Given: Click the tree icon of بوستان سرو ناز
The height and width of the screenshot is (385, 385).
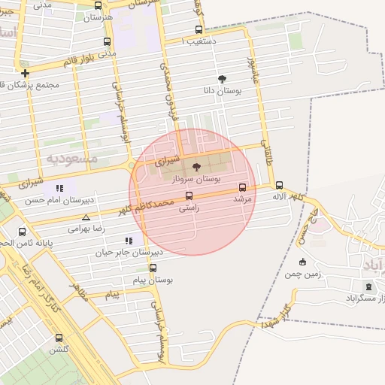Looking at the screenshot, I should [197, 167].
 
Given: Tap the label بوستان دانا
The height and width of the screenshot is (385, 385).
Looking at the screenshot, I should [220, 90].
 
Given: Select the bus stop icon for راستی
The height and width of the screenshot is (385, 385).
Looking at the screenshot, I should [188, 196].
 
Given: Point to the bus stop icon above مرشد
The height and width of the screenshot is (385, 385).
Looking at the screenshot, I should [242, 187].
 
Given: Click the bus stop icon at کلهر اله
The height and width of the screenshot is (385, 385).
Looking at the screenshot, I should [279, 185].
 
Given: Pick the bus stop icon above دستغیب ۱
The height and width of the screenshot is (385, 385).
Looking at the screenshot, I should [199, 30].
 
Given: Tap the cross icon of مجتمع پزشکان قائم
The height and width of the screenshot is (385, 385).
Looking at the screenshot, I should [26, 74].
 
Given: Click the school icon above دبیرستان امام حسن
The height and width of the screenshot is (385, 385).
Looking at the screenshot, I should [59, 188].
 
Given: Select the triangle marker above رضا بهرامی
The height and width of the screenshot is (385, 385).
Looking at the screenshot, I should [85, 217].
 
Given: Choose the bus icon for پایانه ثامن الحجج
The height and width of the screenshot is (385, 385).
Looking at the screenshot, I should [22, 232].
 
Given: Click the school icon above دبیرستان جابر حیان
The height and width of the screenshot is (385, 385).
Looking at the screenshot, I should [129, 241].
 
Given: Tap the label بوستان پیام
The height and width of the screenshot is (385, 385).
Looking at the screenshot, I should [158, 279].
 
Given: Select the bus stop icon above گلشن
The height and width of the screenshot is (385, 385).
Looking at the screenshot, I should [59, 338].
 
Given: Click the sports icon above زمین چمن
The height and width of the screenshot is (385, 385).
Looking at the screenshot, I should [302, 262].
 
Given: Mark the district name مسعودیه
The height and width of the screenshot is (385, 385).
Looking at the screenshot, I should [73, 159].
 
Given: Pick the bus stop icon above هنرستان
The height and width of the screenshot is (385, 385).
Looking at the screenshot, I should [98, 5].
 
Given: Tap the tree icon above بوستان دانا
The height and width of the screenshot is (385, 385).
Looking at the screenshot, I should [221, 78].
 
